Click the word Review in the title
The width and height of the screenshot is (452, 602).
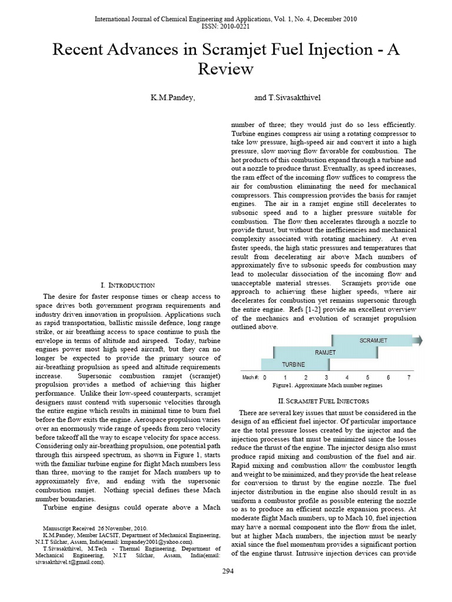[x=226, y=69]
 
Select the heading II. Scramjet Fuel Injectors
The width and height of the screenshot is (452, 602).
[x=323, y=400]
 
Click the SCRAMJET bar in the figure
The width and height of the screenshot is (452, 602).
[x=374, y=340]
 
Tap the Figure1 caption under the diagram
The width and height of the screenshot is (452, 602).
[x=327, y=386]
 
